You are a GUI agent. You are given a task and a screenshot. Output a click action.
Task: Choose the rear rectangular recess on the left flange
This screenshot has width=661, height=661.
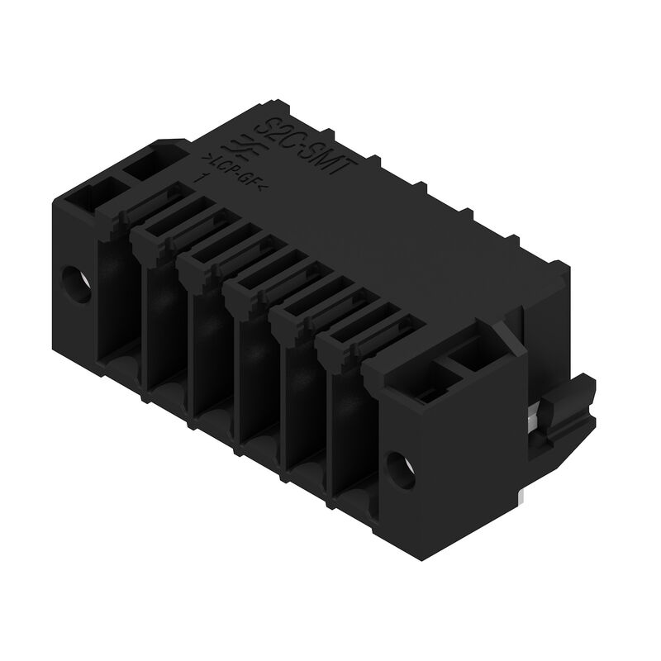tap(149, 169)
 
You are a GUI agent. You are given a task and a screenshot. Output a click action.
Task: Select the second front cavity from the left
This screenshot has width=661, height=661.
tap(165, 330)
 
